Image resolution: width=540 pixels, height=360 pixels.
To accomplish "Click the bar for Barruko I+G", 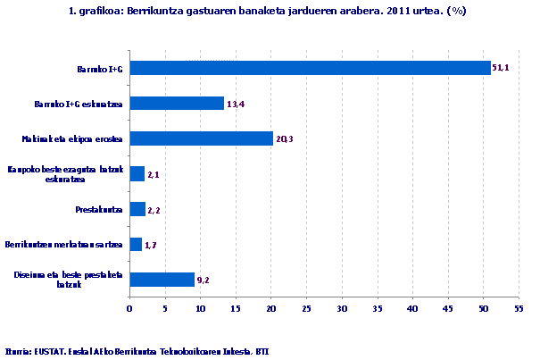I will (311, 68).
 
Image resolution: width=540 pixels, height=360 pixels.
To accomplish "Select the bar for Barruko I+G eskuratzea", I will (177, 104).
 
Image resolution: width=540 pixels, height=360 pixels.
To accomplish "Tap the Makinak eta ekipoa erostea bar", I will (201, 138).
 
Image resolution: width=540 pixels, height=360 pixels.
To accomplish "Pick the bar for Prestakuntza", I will (137, 209).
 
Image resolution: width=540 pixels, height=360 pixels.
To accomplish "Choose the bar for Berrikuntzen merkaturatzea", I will (136, 244).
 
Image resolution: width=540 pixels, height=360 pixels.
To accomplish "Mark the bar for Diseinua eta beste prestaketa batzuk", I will (162, 280).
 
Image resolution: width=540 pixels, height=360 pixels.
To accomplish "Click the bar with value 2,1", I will (137, 174).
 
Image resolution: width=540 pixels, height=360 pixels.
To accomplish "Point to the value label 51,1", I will (502, 69).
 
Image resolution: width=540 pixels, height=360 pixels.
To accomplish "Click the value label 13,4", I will (236, 104).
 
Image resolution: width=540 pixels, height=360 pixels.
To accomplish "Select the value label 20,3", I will (285, 138).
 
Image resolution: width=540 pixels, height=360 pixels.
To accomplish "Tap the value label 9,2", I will (204, 280).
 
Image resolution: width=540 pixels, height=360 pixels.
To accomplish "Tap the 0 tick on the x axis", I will (130, 309).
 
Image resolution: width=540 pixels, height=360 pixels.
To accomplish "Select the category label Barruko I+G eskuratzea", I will (79, 104).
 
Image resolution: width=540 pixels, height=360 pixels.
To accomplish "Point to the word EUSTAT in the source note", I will (45, 351).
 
